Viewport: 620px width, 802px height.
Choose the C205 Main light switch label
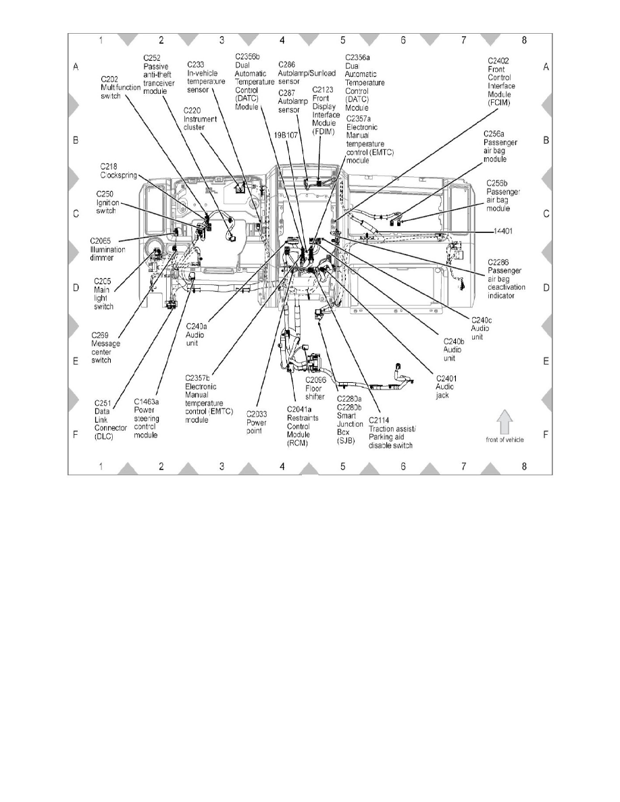tap(105, 293)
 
